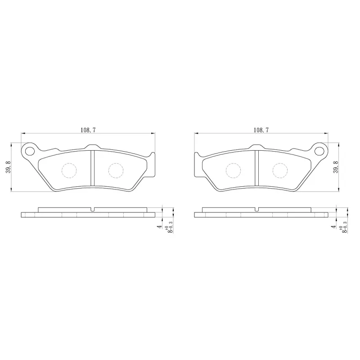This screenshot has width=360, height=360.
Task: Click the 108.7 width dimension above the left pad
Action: tap(88, 130)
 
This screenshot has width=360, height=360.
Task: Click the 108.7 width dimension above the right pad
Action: tap(261, 130)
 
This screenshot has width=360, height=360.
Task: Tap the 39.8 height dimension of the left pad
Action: tap(8, 167)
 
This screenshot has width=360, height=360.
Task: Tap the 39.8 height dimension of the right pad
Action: tap(335, 167)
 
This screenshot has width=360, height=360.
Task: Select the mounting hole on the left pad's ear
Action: tap(30, 151)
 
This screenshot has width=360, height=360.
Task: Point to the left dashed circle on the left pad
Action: tap(69, 171)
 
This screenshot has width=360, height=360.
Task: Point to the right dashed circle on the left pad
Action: tap(116, 171)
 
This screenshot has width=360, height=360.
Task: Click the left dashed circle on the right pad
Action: tap(233, 171)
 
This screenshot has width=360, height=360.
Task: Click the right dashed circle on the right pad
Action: tap(280, 171)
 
